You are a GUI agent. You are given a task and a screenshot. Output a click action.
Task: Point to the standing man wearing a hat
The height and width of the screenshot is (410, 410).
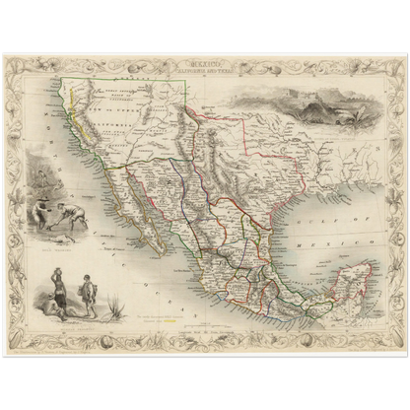(x=89, y=300)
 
